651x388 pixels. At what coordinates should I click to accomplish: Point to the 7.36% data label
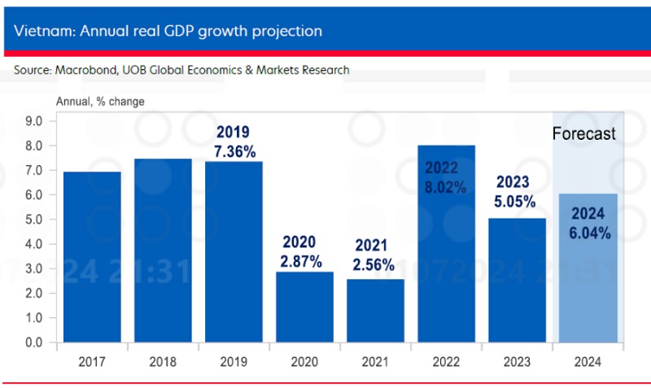(x=233, y=151)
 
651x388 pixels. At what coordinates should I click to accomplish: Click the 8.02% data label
(x=445, y=187)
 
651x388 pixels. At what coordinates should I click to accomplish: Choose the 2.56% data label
(x=374, y=265)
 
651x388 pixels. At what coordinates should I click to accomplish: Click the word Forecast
(x=583, y=134)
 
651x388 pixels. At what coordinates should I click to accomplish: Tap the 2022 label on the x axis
(x=445, y=363)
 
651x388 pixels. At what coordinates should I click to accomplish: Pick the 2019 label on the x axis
(x=233, y=363)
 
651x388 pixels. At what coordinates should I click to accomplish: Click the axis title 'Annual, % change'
(x=100, y=102)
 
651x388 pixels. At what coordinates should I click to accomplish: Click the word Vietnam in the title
(x=40, y=31)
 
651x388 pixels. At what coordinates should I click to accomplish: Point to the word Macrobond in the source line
(x=85, y=70)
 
